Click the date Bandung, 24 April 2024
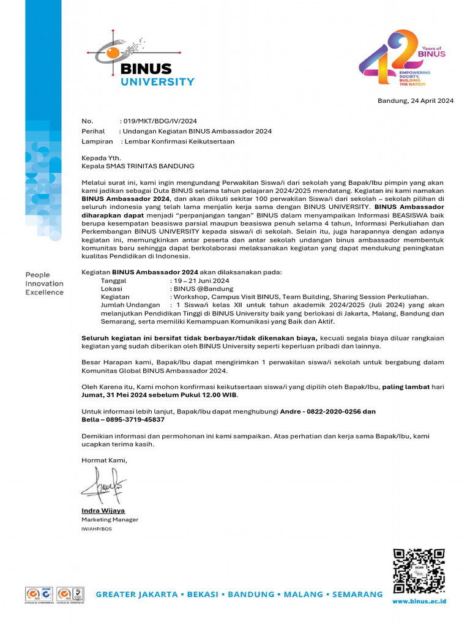(415, 101)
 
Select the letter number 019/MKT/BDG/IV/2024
(160, 121)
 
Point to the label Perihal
(94, 131)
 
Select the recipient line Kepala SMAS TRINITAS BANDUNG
(138, 166)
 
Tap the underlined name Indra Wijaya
(103, 510)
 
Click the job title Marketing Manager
(110, 519)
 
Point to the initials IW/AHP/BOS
(97, 528)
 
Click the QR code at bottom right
(419, 571)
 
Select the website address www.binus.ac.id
(419, 601)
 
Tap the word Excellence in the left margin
(44, 292)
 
